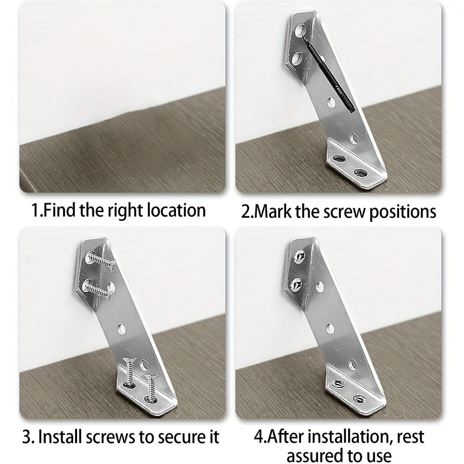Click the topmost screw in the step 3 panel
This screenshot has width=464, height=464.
click(99, 259)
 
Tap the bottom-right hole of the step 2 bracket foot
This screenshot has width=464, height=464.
click(360, 172)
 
